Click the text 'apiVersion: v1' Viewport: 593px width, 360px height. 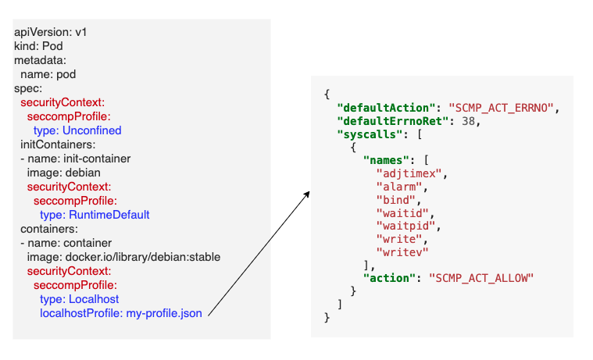[x=52, y=33]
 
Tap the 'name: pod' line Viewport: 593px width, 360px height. [x=48, y=74]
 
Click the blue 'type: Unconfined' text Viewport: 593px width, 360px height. [x=77, y=130]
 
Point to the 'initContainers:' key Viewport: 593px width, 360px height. [x=58, y=144]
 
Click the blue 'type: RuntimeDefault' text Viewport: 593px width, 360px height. [x=94, y=215]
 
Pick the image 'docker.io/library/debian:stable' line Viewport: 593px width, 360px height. [x=123, y=257]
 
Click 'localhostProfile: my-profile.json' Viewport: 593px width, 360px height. [x=120, y=313]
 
